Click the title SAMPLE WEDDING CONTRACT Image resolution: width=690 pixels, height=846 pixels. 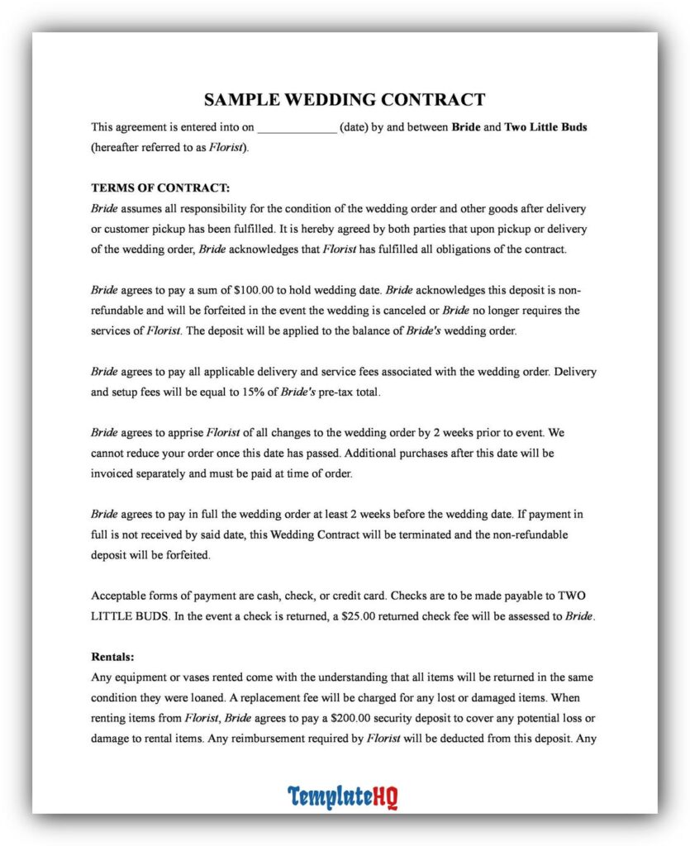click(x=345, y=100)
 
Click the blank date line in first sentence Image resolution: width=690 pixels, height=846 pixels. click(x=297, y=128)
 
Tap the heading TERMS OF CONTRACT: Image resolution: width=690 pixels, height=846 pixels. click(x=160, y=188)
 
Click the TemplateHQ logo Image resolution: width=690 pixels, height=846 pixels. click(x=343, y=797)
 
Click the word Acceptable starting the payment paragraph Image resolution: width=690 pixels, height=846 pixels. click(x=120, y=596)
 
